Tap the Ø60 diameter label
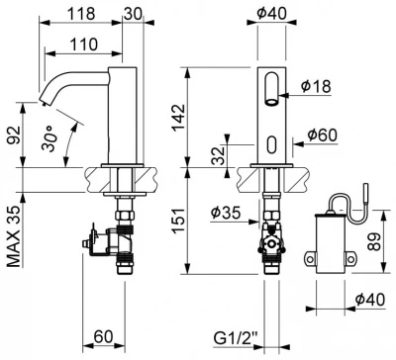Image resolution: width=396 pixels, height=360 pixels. tap(323, 135)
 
